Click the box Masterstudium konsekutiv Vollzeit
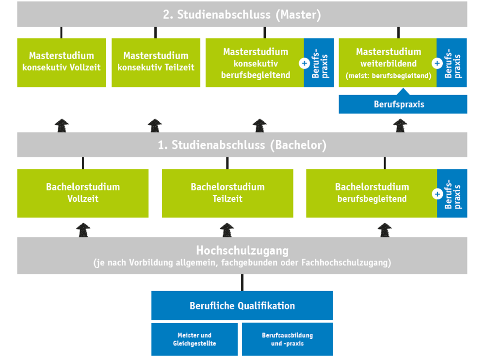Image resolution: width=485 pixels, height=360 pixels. (62, 63)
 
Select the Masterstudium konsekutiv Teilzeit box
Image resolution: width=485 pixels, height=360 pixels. (156, 63)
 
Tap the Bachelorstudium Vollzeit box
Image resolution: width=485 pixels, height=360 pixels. (83, 193)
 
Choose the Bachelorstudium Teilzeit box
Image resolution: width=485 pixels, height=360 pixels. (227, 193)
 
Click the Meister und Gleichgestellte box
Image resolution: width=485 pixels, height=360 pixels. (194, 339)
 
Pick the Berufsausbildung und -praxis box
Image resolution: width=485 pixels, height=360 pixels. (287, 339)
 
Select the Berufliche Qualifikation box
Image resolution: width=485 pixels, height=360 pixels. (242, 306)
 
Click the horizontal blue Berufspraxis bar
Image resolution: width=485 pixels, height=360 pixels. (403, 104)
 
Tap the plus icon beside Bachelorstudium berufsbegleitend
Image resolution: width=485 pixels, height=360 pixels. (437, 194)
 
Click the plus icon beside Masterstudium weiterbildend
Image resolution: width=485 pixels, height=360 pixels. (437, 64)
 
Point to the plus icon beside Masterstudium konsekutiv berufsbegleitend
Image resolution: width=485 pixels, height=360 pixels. (305, 64)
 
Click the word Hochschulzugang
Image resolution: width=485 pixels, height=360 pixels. (242, 250)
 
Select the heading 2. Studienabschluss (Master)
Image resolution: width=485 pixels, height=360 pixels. (242, 15)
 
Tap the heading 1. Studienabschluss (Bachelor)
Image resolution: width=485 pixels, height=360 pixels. (242, 145)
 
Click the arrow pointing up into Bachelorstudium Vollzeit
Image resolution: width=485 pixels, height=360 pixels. (83, 230)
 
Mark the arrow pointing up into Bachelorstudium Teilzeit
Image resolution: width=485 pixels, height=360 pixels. (226, 230)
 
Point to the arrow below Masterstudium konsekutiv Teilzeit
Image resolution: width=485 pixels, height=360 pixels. (155, 126)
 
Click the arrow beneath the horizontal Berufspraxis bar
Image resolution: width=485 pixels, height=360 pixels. (400, 126)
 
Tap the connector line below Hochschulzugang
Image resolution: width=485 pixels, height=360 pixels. (242, 282)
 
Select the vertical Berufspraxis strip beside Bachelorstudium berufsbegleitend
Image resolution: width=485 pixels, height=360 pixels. (452, 193)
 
